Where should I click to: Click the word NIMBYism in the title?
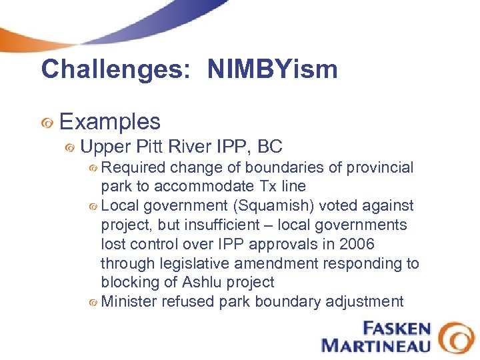(x=272, y=69)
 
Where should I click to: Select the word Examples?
(x=110, y=121)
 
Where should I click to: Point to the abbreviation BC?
(x=270, y=146)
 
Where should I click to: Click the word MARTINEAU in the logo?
(x=377, y=345)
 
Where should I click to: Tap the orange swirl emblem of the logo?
(x=457, y=337)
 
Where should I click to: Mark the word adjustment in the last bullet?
(x=365, y=301)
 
